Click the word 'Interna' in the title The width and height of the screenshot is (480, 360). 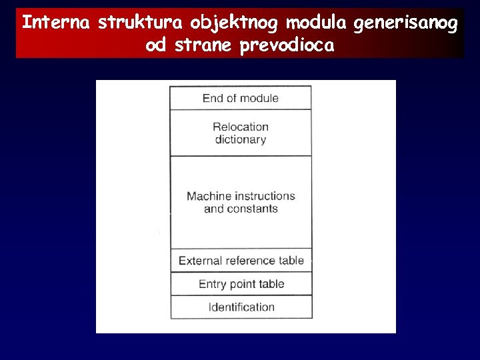click(56, 23)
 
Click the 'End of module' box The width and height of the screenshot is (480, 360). click(241, 98)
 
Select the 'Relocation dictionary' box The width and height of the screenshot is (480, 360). click(241, 133)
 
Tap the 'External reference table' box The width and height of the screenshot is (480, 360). click(241, 261)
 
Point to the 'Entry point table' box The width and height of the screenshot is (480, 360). click(241, 284)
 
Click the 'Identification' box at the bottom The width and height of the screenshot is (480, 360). click(241, 307)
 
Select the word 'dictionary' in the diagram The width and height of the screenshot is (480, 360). click(241, 139)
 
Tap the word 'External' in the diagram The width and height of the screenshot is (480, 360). click(200, 261)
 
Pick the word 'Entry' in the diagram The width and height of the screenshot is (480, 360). click(213, 285)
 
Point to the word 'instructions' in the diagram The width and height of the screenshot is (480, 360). click(265, 196)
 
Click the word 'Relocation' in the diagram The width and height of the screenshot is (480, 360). click(241, 127)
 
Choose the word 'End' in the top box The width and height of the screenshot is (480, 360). click(212, 98)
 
